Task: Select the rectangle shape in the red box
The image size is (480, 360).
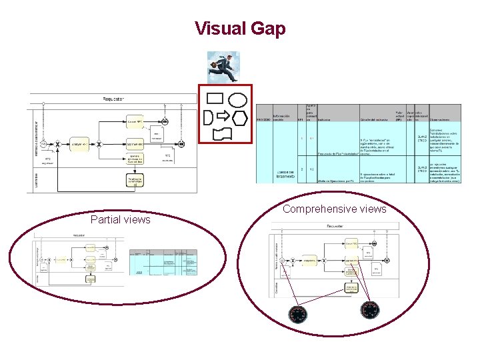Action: tap(215, 99)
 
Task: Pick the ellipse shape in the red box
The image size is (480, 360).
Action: tap(237, 100)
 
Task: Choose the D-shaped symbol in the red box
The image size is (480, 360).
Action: tap(209, 118)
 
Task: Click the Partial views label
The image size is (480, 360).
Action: tap(121, 219)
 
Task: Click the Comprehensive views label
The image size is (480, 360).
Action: tap(334, 209)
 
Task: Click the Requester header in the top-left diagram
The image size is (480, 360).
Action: tap(113, 99)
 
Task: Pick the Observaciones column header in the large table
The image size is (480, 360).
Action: tap(444, 120)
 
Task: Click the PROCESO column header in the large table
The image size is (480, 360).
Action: tap(264, 120)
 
